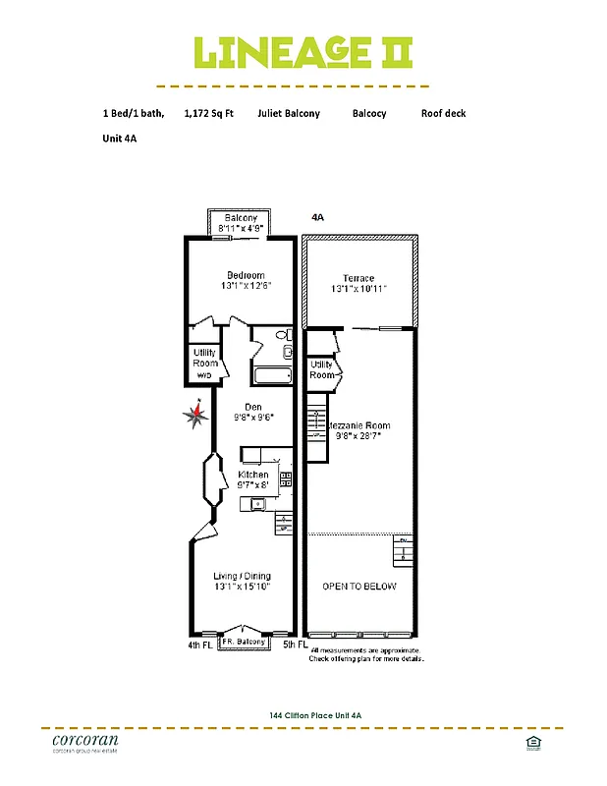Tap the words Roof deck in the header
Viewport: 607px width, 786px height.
443,114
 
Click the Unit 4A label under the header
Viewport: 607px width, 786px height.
119,140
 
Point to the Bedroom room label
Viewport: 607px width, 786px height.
246,275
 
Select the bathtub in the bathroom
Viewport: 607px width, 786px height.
272,375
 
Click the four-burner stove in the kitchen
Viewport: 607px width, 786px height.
286,479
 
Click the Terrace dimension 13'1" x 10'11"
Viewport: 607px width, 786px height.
359,289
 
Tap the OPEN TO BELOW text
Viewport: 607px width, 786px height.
359,587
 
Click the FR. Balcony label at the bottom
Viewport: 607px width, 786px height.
243,643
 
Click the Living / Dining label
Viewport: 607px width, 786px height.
243,576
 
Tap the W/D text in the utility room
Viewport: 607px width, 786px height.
205,375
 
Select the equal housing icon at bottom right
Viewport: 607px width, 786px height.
534,742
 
